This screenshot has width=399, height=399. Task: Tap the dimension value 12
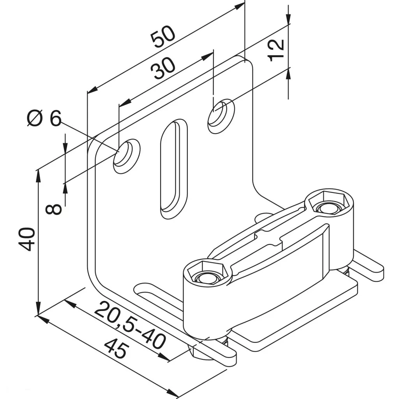(276, 49)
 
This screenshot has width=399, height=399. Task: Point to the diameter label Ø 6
(44, 118)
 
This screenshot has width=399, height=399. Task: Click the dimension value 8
(54, 209)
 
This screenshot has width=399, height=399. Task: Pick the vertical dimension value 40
(28, 239)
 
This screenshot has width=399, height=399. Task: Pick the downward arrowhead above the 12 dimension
(288, 19)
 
